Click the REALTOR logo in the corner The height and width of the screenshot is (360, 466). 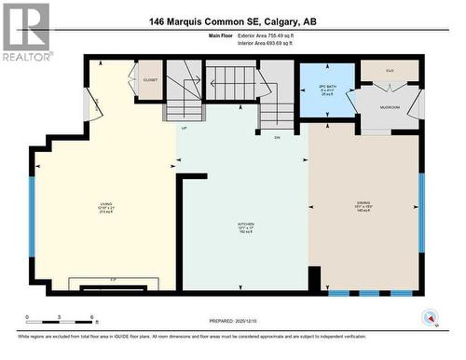click(26, 33)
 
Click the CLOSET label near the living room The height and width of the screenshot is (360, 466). click(150, 80)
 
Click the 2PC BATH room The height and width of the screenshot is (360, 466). click(327, 90)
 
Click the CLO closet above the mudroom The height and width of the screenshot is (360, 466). click(390, 70)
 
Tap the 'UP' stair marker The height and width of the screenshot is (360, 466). click(185, 127)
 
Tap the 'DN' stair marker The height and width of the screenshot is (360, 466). click(277, 138)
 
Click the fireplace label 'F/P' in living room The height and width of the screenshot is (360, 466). click(112, 279)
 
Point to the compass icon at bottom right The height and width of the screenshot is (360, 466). click(430, 315)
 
